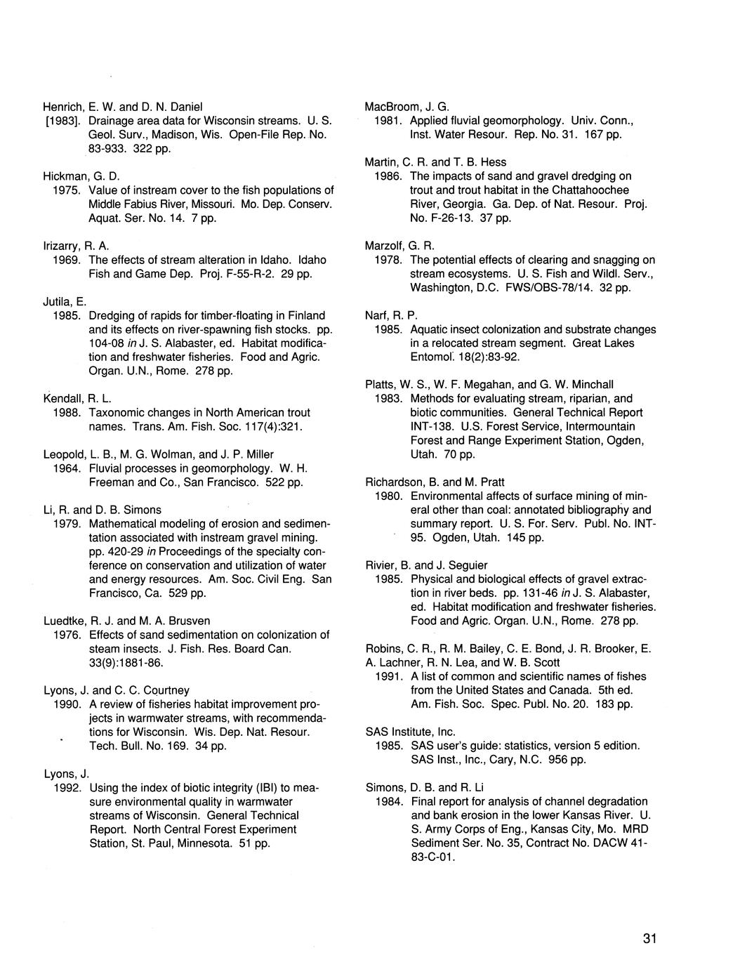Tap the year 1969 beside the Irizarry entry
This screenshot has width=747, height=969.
(x=65, y=260)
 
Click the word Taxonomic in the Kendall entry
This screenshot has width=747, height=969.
(x=116, y=412)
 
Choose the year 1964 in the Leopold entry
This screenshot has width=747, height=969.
(x=65, y=468)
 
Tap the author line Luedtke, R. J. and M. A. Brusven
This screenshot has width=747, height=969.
(x=126, y=621)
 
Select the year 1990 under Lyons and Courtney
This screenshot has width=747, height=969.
(x=65, y=704)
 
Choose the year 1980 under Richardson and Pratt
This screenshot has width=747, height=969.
(x=388, y=496)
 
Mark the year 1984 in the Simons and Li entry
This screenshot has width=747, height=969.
(x=388, y=801)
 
